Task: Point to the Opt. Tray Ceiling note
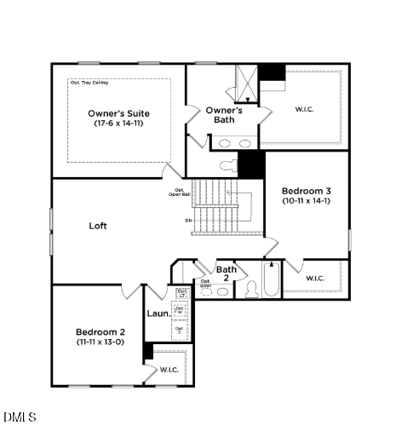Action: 89,83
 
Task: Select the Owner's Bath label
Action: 225,115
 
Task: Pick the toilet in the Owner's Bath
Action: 228,165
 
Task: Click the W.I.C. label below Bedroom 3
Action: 314,279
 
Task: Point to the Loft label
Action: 98,227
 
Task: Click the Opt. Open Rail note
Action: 180,192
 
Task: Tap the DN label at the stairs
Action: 188,220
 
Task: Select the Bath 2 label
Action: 226,273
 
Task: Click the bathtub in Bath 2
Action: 271,282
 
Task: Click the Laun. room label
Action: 158,313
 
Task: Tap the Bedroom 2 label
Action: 100,331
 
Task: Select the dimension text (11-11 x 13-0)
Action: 100,342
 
